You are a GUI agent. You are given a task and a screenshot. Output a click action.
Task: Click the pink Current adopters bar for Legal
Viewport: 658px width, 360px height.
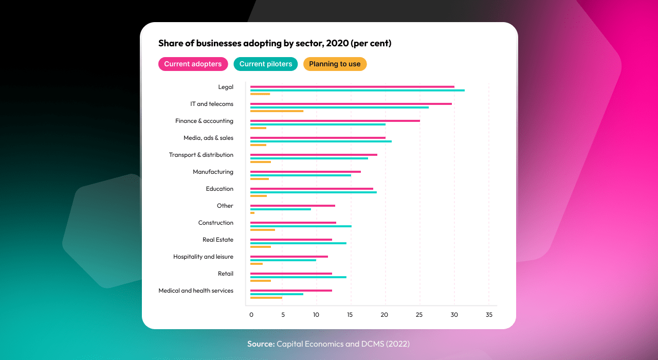[x=352, y=87]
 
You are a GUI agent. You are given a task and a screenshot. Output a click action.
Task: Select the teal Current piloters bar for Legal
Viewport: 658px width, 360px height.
[x=357, y=91]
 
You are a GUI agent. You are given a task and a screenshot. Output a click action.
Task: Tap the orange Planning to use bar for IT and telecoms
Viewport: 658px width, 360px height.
[x=277, y=111]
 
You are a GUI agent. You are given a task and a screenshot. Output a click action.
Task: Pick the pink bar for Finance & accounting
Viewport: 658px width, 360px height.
[x=335, y=121]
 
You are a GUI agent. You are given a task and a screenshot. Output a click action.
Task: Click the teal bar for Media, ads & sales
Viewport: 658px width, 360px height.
[x=321, y=141]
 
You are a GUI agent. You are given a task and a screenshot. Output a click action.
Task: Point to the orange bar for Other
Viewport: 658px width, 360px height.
[x=252, y=213]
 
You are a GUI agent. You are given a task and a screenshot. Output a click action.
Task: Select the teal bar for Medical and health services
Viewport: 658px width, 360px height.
[x=277, y=294]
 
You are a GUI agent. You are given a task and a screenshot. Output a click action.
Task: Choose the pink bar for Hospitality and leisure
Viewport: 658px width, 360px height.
[x=289, y=257]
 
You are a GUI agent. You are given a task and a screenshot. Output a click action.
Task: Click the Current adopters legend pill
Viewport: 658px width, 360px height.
[x=193, y=64]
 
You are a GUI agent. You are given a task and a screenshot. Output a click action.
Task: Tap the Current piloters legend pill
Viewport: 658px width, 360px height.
[x=265, y=64]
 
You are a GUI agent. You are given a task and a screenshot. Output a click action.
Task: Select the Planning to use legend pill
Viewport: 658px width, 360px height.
[x=335, y=64]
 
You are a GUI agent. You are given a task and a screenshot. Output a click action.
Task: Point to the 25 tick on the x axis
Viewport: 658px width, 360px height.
[x=420, y=315]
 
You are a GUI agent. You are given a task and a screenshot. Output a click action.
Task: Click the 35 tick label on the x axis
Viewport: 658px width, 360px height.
[x=489, y=315]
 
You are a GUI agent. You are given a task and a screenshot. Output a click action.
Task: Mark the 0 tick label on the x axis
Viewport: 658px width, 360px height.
[x=251, y=315]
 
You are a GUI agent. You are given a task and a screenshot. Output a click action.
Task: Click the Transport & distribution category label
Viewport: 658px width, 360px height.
[x=201, y=155]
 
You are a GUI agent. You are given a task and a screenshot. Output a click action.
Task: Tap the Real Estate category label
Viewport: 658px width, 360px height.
[x=217, y=240]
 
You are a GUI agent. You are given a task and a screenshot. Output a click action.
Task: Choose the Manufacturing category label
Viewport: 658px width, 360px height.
[x=213, y=172]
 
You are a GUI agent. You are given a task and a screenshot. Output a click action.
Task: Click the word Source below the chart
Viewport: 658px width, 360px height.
[x=261, y=344]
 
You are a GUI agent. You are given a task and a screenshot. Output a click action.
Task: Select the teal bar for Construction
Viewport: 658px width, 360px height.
[x=301, y=226]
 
